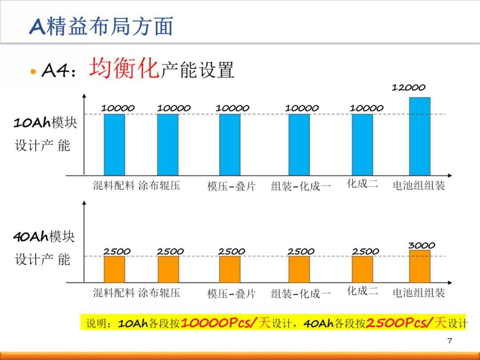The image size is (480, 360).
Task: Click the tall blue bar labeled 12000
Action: [420, 136]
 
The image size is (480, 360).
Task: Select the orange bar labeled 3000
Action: [420, 266]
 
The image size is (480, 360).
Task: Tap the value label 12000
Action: [408, 88]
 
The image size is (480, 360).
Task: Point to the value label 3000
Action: [422, 245]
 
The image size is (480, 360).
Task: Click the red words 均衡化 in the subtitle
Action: [124, 69]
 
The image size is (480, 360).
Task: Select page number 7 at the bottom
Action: [449, 340]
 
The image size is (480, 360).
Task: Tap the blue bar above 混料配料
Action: [114, 144]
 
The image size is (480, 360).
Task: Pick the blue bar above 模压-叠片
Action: [230, 144]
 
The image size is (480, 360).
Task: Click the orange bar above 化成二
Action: [362, 269]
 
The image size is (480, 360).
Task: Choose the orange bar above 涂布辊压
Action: [168, 269]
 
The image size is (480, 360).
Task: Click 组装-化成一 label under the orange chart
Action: [301, 294]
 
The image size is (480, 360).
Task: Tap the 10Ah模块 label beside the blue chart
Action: [45, 123]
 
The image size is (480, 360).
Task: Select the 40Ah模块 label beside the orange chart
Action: [44, 236]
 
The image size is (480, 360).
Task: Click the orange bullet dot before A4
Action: [32, 72]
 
